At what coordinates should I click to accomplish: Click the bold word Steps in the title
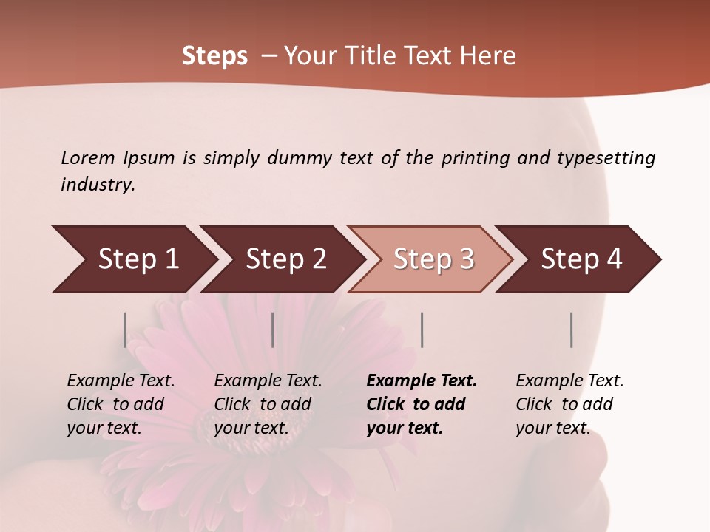tap(214, 56)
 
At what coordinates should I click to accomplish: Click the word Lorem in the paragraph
tap(88, 157)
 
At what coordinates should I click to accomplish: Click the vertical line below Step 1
tap(125, 330)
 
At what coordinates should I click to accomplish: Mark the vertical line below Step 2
tap(273, 330)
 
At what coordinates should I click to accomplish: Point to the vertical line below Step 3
tap(422, 330)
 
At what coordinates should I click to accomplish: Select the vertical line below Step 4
tap(571, 330)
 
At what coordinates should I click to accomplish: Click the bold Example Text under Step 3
tap(422, 381)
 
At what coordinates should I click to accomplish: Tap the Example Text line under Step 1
tap(121, 381)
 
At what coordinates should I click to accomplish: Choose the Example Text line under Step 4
tap(569, 381)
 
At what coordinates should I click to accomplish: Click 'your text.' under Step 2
tap(251, 428)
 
